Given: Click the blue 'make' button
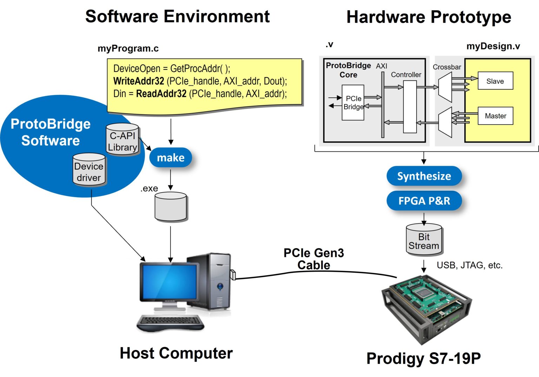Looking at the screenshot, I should pyautogui.click(x=171, y=158).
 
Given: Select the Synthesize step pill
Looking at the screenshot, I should pyautogui.click(x=424, y=176).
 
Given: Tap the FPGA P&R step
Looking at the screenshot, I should pyautogui.click(x=424, y=201).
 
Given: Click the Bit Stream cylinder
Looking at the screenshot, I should pyautogui.click(x=424, y=241).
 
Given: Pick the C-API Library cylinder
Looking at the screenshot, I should pyautogui.click(x=122, y=141).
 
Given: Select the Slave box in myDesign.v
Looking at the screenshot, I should pyautogui.click(x=495, y=81).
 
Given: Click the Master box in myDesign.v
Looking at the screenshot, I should pyautogui.click(x=495, y=116).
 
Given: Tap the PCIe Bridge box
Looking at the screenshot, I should pyautogui.click(x=353, y=103).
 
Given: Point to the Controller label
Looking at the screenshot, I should pyautogui.click(x=406, y=75).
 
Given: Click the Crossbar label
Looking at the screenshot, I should pyautogui.click(x=446, y=67).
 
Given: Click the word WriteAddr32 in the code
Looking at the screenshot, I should pyautogui.click(x=139, y=81).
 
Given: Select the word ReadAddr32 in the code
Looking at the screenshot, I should pyautogui.click(x=161, y=94).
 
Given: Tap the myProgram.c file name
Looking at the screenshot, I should pyautogui.click(x=128, y=48).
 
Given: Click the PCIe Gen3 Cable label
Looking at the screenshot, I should pyautogui.click(x=313, y=259).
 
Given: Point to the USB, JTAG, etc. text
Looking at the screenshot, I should pyautogui.click(x=470, y=265).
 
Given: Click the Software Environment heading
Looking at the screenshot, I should pyautogui.click(x=177, y=17).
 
